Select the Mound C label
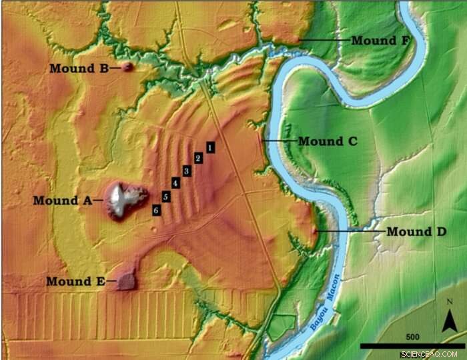point(328,141)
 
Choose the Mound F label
point(380,40)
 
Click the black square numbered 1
point(209,146)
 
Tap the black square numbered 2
point(198,158)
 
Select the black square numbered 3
point(187,171)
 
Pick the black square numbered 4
point(175,183)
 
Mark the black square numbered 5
point(165,196)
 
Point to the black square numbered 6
point(155,210)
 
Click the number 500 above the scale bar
point(411,335)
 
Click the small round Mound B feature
point(127,67)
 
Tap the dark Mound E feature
point(125,281)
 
